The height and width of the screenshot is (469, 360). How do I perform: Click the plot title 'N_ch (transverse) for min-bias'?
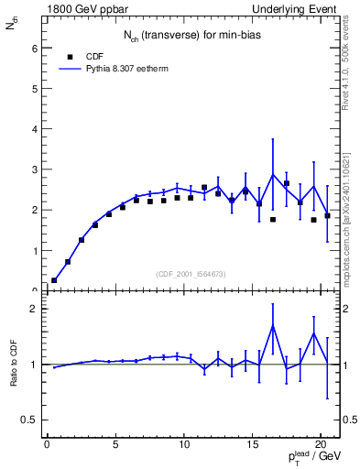pyautogui.click(x=190, y=36)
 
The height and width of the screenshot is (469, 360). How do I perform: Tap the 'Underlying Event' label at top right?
pyautogui.click(x=297, y=9)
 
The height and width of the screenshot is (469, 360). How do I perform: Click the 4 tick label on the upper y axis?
pyautogui.click(x=34, y=129)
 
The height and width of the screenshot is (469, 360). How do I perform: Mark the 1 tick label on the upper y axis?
pyautogui.click(x=34, y=250)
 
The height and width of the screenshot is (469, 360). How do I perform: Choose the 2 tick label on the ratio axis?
pyautogui.click(x=34, y=309)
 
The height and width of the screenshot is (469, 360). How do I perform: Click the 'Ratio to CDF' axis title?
pyautogui.click(x=13, y=364)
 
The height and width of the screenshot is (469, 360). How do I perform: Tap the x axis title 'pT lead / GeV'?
pyautogui.click(x=311, y=458)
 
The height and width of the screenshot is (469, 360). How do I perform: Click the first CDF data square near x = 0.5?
pyautogui.click(x=54, y=280)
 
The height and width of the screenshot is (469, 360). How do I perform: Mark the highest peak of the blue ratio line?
pyautogui.click(x=273, y=326)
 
